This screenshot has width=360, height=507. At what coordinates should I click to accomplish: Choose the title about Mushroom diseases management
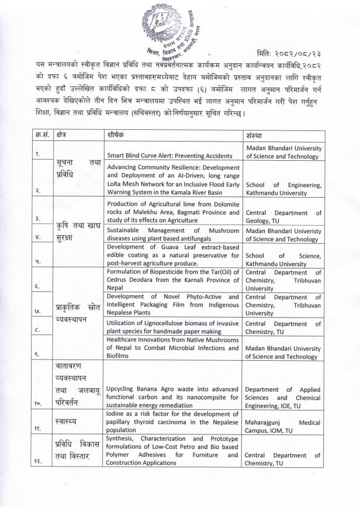174,235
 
